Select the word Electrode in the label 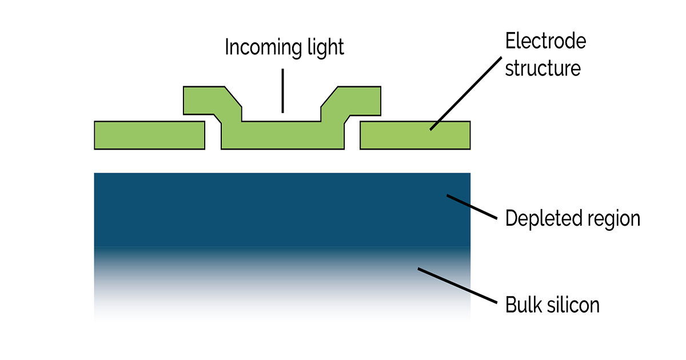[545, 41]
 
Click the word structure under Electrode [543, 68]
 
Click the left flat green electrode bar [149, 135]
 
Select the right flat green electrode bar [415, 135]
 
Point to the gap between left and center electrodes [213, 137]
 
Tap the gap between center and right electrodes [352, 137]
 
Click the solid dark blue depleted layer [257, 209]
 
